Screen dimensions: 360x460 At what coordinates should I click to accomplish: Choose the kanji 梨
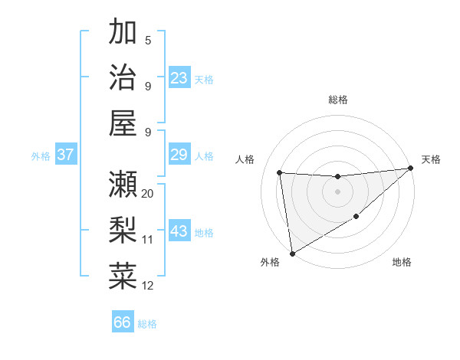(123, 229)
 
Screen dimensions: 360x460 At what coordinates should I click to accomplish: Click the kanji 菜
(123, 275)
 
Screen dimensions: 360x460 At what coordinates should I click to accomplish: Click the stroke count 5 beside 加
(148, 41)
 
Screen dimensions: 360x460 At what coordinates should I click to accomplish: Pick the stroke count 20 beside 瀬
(148, 194)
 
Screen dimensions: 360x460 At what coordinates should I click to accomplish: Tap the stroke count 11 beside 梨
(148, 240)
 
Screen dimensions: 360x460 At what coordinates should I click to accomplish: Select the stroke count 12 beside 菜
(148, 286)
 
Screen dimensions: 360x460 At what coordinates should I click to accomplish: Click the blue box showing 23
(179, 77)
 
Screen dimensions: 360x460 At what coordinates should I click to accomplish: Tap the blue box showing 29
(179, 155)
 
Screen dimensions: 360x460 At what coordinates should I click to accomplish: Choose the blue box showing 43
(179, 231)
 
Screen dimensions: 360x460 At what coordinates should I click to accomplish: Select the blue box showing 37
(66, 155)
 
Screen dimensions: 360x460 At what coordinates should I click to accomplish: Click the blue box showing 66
(123, 322)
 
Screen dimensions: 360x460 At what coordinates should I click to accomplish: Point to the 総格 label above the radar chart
(337, 100)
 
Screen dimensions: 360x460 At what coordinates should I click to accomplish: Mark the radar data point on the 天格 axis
(410, 169)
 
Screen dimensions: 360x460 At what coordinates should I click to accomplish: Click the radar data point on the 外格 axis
(292, 253)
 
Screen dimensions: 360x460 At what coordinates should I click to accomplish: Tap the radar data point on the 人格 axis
(280, 172)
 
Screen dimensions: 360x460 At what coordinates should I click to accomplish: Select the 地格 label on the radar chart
(402, 263)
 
